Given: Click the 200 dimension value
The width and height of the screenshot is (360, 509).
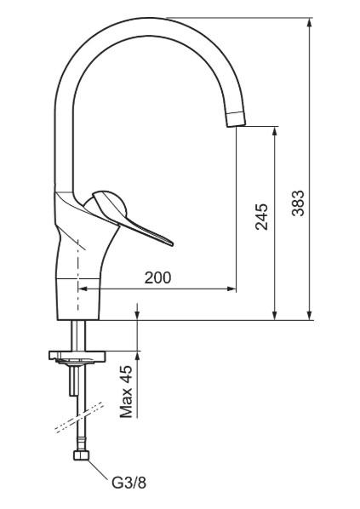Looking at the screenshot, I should pos(157,277).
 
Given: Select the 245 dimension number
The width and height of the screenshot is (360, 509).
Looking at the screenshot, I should pos(262,217).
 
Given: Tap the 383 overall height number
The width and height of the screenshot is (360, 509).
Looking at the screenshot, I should pos(298,203).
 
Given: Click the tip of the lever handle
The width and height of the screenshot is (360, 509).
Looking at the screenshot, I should pos(170,243).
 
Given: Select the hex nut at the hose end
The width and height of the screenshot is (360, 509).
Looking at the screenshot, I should pos(83,460).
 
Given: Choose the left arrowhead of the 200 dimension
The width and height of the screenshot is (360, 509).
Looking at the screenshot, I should pos(83,289).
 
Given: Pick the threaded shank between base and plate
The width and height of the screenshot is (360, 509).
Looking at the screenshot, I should pos(78,334).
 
